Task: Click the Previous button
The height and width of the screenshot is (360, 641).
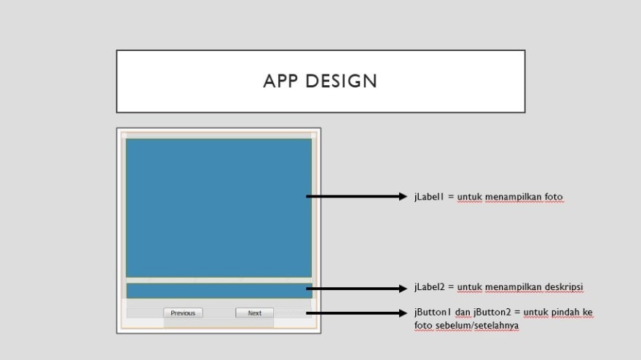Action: tap(183, 313)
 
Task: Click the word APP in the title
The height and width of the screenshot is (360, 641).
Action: tap(280, 81)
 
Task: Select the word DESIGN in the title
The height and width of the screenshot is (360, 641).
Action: tap(342, 81)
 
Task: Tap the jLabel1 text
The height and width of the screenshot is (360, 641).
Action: tap(429, 197)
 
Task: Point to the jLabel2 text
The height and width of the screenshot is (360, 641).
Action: tap(429, 287)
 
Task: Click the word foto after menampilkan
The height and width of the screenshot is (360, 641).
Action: tap(554, 197)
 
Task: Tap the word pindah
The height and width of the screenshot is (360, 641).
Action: tap(566, 313)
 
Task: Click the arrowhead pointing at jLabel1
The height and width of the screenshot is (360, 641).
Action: tap(403, 197)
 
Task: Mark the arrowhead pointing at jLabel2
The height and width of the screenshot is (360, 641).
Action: tap(403, 289)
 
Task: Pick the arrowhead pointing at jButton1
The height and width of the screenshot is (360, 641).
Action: tap(403, 313)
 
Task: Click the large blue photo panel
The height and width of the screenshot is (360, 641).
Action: tap(219, 208)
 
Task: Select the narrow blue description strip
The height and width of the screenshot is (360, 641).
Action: tap(219, 291)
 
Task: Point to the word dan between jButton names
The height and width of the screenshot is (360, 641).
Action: tap(463, 312)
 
